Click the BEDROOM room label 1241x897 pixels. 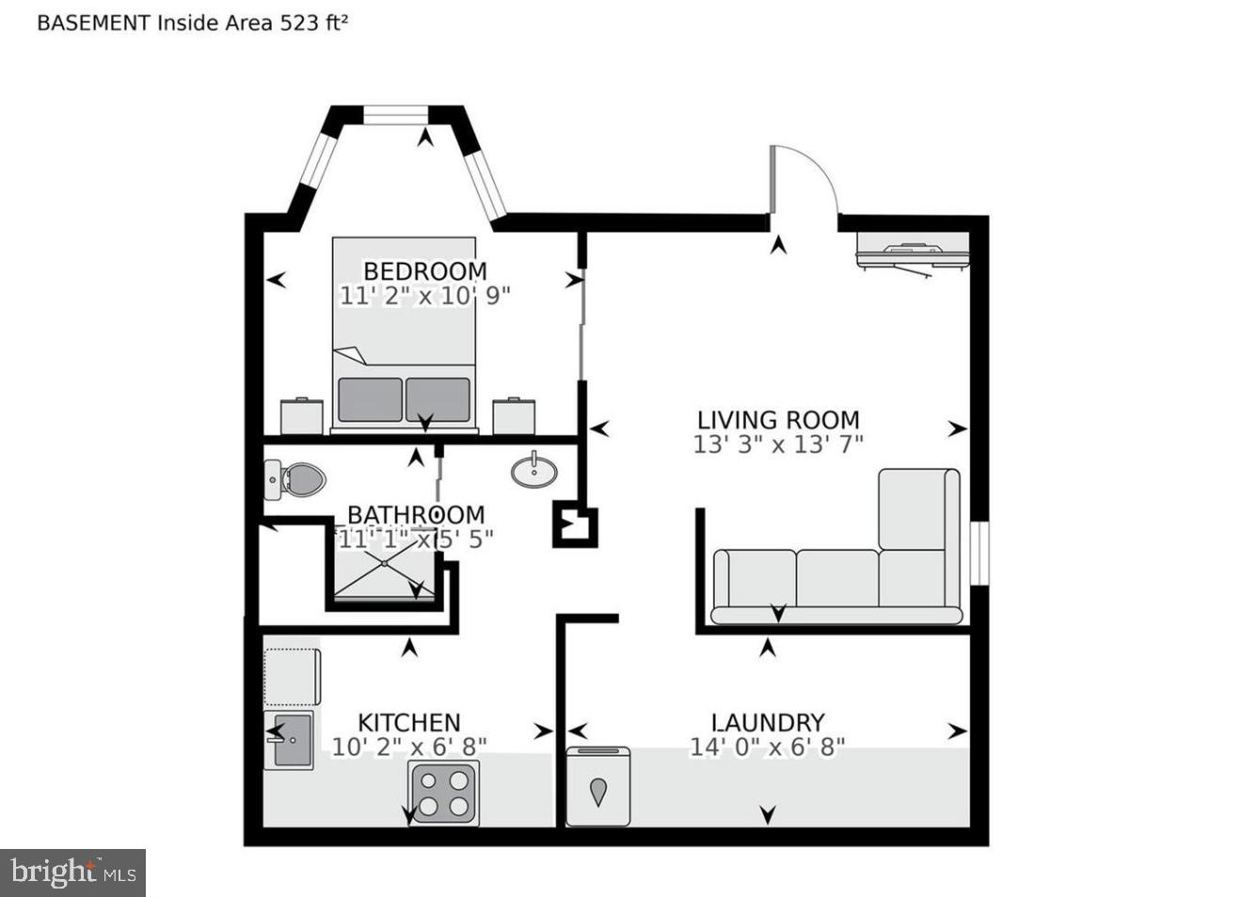(x=424, y=271)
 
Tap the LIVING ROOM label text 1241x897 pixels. (x=778, y=420)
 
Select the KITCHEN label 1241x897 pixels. (x=408, y=722)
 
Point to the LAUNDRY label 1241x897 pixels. (x=768, y=722)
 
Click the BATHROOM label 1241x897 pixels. (x=416, y=515)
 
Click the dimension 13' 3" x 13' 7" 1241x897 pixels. (x=778, y=444)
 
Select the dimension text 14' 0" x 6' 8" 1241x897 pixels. (x=768, y=746)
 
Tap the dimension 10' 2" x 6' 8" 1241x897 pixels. (x=408, y=746)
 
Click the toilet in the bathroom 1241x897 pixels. (x=294, y=480)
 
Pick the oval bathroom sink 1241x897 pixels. (x=534, y=470)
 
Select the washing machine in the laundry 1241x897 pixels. (x=598, y=788)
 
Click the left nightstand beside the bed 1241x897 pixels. (x=302, y=416)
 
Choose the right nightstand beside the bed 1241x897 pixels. (x=515, y=416)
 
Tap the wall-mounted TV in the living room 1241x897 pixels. (x=912, y=254)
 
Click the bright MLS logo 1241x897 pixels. (x=73, y=873)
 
